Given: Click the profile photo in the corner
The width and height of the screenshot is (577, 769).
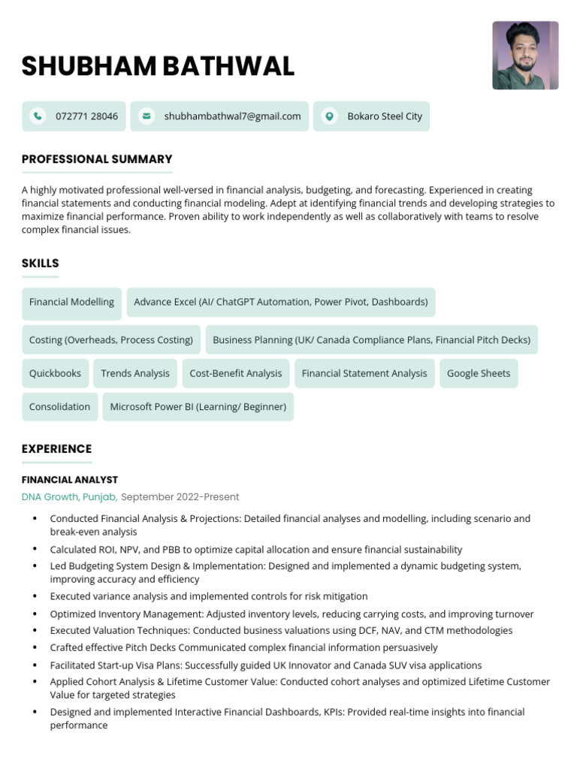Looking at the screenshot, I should (x=525, y=56).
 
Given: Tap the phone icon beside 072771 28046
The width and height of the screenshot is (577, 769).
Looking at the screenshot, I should (x=37, y=116).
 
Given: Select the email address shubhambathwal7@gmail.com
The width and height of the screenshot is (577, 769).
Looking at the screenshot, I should (x=232, y=116).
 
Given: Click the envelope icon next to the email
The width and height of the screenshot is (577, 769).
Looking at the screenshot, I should (x=147, y=116).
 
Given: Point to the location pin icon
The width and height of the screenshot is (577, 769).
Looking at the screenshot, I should (x=328, y=116).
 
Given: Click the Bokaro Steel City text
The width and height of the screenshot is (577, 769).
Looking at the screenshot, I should (x=385, y=116).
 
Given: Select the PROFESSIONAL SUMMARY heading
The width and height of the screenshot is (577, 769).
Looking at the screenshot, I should (x=97, y=159).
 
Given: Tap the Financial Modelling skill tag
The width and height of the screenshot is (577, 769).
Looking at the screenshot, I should (x=71, y=302).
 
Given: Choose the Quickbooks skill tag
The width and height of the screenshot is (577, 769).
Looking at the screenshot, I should (x=55, y=373).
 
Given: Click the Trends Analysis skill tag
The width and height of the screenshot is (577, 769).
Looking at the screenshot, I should (x=135, y=373).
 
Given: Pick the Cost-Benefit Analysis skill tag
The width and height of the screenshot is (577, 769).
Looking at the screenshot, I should (x=236, y=373).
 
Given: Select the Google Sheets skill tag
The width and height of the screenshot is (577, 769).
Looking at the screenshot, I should (x=479, y=373).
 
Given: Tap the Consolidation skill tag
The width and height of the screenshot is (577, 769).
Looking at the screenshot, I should (x=59, y=407).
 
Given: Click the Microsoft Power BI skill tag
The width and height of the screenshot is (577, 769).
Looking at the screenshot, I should (x=198, y=407).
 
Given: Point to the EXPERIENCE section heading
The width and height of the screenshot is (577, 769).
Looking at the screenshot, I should (x=56, y=449).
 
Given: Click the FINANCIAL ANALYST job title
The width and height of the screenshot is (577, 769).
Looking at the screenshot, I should (x=70, y=480).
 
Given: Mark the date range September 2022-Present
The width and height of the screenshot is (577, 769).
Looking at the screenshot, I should (x=180, y=497).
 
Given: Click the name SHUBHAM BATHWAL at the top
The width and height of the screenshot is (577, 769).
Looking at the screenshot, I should (x=158, y=67).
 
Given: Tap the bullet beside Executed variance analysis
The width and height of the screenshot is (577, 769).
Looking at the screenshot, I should (x=35, y=597).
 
